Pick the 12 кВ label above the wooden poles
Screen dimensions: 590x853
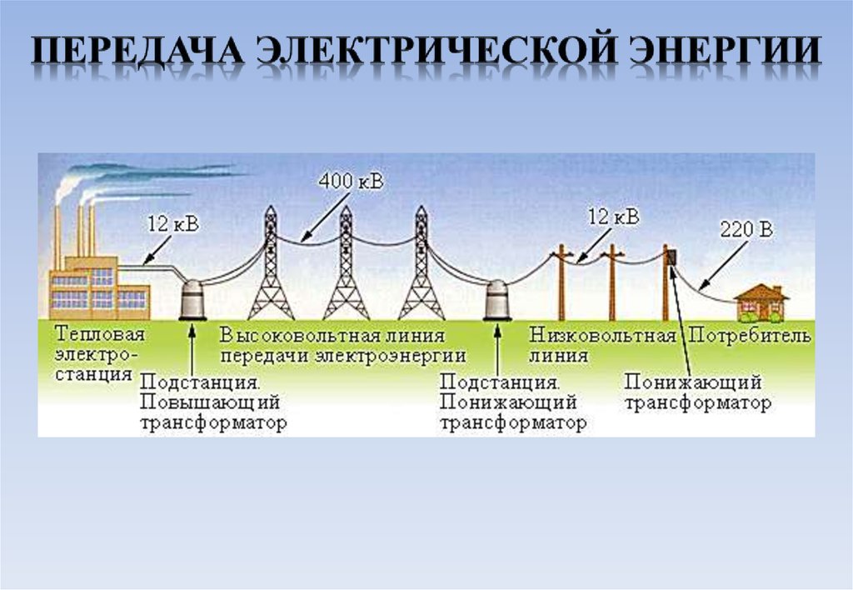(614, 217)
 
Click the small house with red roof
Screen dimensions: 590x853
(761, 302)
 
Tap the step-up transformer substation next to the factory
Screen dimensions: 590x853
(192, 298)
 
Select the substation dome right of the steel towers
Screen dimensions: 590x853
(498, 298)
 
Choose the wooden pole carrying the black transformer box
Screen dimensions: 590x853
(666, 283)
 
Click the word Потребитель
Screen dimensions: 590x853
(749, 336)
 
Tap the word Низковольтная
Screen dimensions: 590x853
(601, 336)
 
